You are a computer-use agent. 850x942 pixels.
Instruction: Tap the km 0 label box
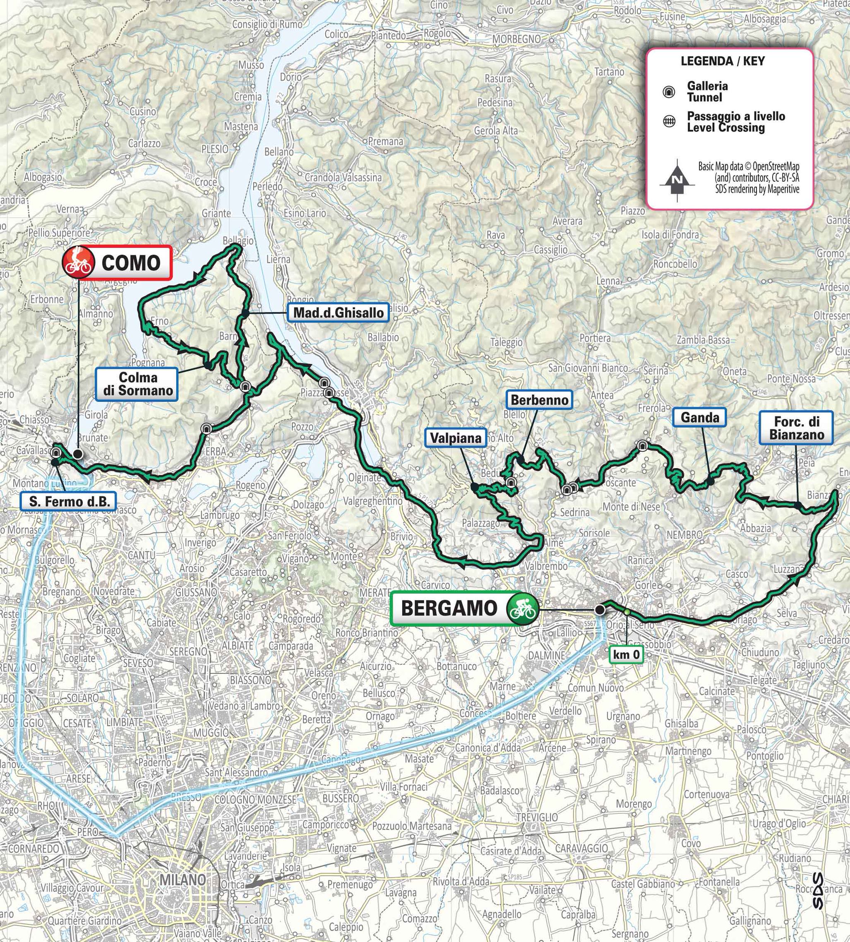click(x=626, y=655)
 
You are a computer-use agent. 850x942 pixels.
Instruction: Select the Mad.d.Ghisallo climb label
click(x=339, y=312)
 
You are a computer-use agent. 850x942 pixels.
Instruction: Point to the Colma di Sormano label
click(x=137, y=384)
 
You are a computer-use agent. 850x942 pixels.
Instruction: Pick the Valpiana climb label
click(x=455, y=437)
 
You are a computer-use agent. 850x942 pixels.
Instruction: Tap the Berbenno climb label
click(x=540, y=400)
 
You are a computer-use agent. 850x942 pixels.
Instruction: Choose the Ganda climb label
click(x=699, y=417)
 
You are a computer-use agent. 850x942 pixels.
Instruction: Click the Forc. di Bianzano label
click(x=796, y=428)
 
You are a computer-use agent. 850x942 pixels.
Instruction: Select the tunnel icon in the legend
click(x=669, y=92)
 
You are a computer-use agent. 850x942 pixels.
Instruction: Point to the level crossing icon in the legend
click(x=669, y=122)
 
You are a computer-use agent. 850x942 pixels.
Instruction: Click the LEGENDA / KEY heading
click(x=723, y=61)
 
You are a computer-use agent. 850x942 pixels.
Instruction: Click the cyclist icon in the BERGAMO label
click(x=522, y=608)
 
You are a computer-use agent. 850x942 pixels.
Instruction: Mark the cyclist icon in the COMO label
click(x=78, y=262)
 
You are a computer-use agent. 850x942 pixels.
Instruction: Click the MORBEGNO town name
click(x=516, y=40)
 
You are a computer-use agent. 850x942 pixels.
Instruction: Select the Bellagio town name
click(x=238, y=240)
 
